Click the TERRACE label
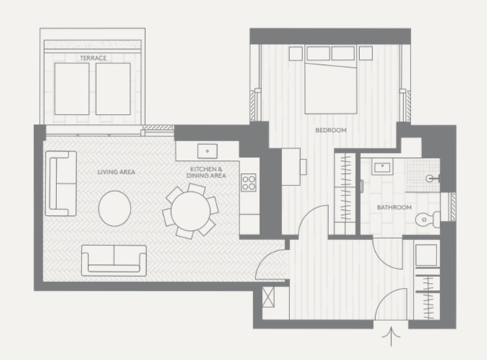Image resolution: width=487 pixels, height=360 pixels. pos(93,58)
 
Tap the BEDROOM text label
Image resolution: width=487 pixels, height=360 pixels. pos(330,130)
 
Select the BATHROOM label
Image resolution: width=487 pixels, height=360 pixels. pos(394,207)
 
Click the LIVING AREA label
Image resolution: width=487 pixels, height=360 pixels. pos(116,172)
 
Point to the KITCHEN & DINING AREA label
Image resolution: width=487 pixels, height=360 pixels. pos(206,172)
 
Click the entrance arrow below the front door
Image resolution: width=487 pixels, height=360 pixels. pos(391,336)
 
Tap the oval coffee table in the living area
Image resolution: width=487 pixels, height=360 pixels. pos(115,208)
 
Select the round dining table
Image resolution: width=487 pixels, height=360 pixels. pos(190,211)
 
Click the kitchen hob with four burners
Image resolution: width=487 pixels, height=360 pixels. pos(249,183)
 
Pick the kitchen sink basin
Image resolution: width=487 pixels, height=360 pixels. pos(207,151)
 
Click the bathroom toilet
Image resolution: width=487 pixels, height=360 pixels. pos(428,219)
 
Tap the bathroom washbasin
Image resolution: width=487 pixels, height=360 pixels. pos(382,167)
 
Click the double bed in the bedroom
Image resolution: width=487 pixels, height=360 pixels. pos(330,80)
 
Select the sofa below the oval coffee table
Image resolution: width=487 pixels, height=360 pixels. pos(114,260)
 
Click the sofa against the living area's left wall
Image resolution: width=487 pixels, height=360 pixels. pos(61,183)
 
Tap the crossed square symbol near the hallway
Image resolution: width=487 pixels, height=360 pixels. pos(268,297)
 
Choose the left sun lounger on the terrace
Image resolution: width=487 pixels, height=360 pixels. pos(71,89)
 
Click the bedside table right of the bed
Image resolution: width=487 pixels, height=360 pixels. pos(366,53)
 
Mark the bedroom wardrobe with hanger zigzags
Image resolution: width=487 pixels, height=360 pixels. pos(345,193)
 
